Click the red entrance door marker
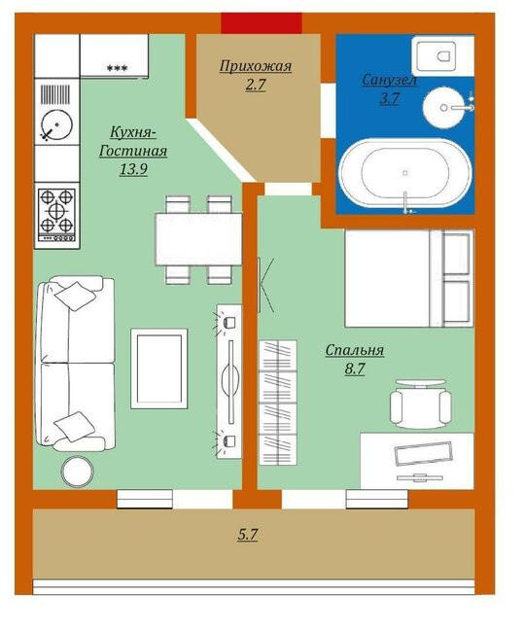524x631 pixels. point(262,23)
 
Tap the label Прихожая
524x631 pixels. point(256,66)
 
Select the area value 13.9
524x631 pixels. point(133,169)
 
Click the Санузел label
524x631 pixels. point(389,80)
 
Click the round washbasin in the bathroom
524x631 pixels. point(442,108)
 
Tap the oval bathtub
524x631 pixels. point(404,172)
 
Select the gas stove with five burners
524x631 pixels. point(56,215)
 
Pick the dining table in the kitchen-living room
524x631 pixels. point(199,239)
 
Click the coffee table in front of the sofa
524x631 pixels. point(159,368)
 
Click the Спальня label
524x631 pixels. point(355,350)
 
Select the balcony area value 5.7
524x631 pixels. point(248,535)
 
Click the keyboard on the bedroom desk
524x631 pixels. point(424,453)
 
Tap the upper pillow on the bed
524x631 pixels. point(456,254)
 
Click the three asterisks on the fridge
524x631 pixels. point(117,68)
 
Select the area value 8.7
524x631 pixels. point(355,368)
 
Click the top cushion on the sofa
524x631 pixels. point(75,296)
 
